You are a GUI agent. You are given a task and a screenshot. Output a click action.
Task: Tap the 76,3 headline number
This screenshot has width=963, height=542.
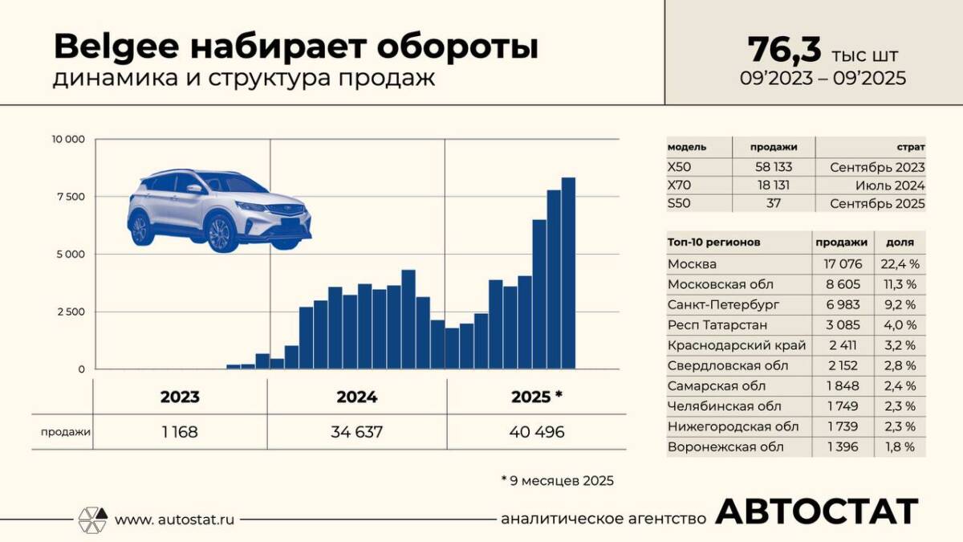click(784, 50)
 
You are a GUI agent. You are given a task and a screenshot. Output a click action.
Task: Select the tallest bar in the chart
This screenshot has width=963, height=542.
click(568, 273)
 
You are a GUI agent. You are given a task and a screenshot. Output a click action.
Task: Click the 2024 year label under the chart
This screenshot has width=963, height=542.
click(357, 397)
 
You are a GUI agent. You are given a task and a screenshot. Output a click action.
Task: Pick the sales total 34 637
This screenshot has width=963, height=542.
click(357, 432)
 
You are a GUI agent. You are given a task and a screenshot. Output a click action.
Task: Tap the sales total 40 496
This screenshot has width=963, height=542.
click(537, 432)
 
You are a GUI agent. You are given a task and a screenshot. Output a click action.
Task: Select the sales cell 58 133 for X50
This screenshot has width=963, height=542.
click(774, 168)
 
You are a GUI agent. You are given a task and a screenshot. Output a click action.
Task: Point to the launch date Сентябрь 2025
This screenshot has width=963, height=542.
click(877, 204)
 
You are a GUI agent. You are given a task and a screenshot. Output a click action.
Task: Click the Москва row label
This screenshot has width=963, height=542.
click(692, 263)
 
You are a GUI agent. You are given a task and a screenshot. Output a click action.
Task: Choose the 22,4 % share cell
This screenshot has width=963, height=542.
click(900, 263)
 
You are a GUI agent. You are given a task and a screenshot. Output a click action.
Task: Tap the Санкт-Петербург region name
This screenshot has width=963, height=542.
click(712, 304)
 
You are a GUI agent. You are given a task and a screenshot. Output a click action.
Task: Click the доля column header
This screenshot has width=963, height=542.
click(900, 242)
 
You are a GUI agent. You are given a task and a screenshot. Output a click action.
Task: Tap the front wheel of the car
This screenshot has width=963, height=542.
click(219, 234)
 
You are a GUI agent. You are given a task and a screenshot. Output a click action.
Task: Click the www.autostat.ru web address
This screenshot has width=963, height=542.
click(175, 520)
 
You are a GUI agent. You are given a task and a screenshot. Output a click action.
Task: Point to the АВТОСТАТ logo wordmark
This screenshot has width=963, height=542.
click(816, 512)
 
